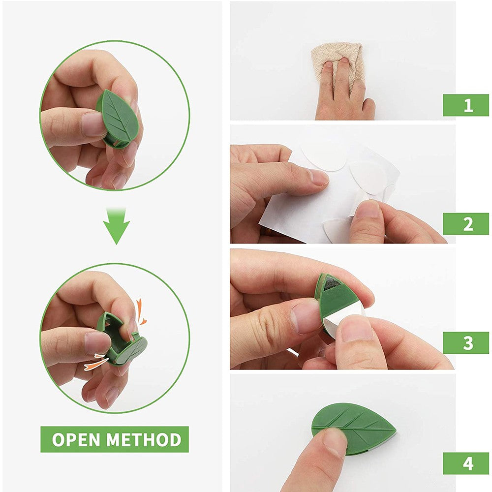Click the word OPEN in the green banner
(79, 439)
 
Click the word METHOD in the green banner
(147, 439)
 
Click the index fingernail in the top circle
(94, 124)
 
